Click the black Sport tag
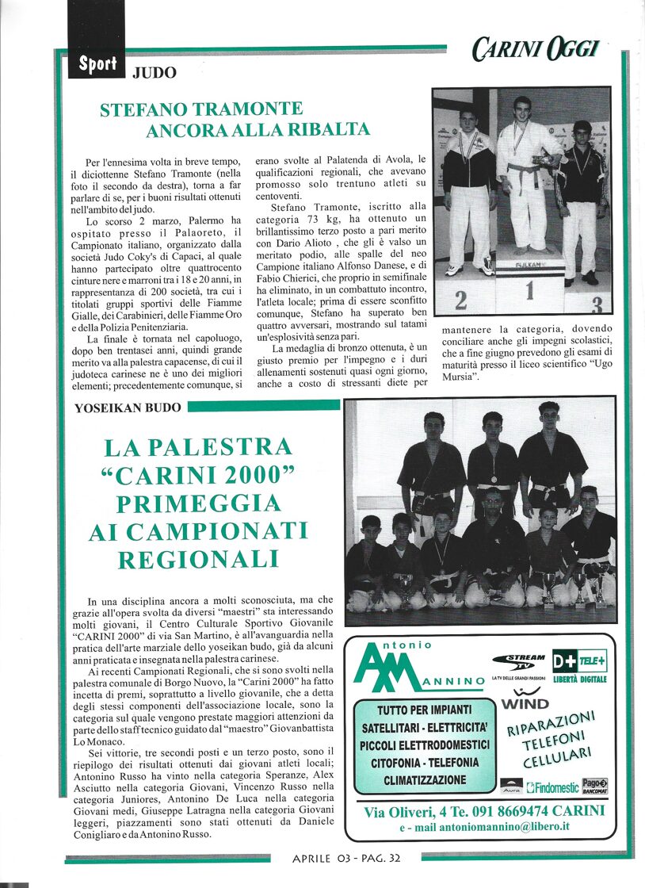97,64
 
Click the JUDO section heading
154,74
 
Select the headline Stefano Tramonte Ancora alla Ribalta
235,120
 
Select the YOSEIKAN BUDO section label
128,408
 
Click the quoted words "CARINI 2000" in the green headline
198,476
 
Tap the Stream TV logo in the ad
519,663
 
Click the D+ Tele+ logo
579,660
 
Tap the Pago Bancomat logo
595,786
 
